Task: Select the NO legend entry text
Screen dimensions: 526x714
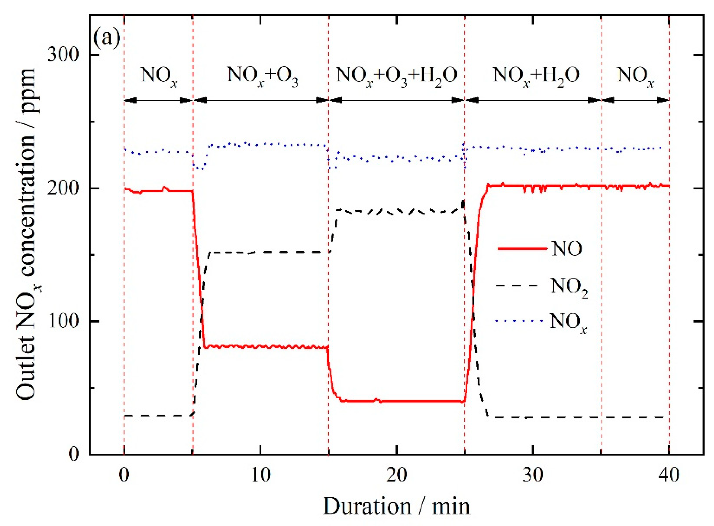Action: tap(567, 249)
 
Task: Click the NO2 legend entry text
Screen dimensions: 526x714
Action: tap(569, 287)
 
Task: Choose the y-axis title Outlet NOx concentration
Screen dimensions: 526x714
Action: tap(27, 234)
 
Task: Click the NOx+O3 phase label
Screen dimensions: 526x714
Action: tap(263, 76)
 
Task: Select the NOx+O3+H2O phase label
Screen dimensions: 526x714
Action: tap(397, 76)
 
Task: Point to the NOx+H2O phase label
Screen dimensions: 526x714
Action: tap(536, 76)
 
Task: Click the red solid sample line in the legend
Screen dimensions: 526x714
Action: tap(522, 249)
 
